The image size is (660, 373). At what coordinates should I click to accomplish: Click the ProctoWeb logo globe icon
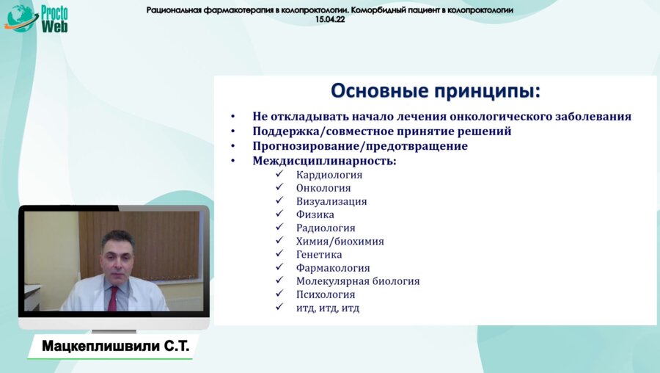pos(21,18)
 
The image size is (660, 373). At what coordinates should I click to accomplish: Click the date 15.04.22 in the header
pos(330,20)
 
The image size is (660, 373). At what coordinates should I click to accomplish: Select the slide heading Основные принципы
pos(435,91)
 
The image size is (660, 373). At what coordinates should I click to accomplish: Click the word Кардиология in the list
pos(329,175)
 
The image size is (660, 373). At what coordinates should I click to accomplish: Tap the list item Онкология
pos(323,188)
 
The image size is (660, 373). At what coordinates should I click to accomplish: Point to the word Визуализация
pos(331,201)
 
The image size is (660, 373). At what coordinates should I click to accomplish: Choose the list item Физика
pos(315,214)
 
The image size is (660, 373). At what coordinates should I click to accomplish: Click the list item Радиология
pos(326,228)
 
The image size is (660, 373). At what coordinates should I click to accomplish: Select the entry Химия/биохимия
pos(340,241)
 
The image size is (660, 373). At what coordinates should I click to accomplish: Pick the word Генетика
pos(319,254)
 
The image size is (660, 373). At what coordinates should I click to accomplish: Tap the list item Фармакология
pos(333,268)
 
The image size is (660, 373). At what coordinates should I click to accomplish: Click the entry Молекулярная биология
pos(358,281)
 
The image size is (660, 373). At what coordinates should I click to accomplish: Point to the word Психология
pos(326,294)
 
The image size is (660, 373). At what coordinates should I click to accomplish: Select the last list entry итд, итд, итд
pos(327,308)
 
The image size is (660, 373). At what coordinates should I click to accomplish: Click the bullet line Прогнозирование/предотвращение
pos(359,146)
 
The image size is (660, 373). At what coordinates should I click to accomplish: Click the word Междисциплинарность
pos(323,161)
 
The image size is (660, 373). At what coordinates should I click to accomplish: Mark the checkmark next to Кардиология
pos(279,175)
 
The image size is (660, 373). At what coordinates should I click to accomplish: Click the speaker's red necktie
pos(112,297)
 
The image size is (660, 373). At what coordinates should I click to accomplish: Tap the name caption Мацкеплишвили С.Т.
pos(115,347)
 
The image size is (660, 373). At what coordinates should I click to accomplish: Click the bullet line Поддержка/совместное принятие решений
pos(381,131)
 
